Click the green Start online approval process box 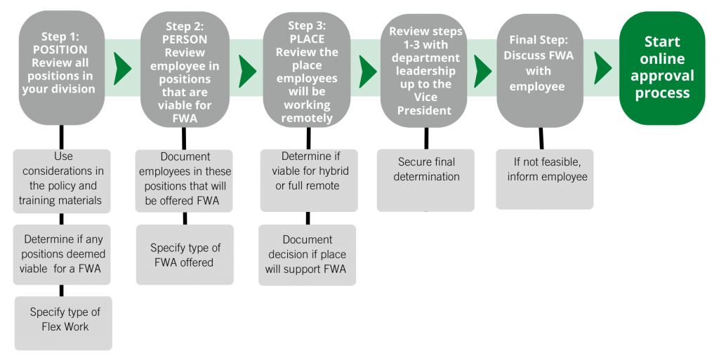coord(661,68)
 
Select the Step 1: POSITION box coord(61,68)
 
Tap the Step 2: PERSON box coord(185,68)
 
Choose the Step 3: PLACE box coord(307,68)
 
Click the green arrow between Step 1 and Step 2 coord(123,68)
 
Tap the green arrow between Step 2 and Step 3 coord(247,68)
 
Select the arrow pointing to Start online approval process coord(602,68)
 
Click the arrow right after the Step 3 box coord(368,68)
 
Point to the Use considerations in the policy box coord(62,178)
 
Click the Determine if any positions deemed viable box coord(62,254)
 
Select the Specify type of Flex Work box coord(63,322)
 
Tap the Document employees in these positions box coord(185,178)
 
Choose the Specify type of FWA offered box coord(185,254)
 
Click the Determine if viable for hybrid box coord(309,180)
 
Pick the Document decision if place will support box coord(307,254)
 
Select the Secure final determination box coord(426,180)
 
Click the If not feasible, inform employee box coord(545,178)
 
